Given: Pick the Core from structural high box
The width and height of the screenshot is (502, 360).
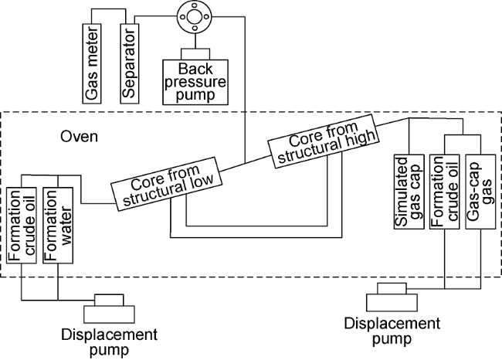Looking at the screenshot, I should [324, 141].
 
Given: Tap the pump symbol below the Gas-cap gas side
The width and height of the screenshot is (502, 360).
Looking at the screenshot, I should [392, 295].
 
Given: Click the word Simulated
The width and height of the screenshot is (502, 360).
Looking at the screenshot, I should [402, 200].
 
